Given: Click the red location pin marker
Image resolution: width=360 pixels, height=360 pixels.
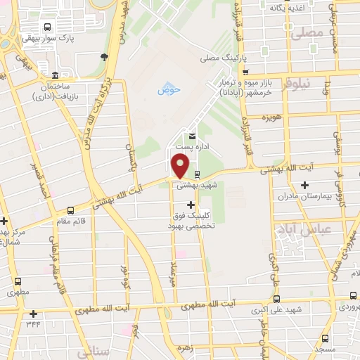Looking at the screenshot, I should click(181, 165).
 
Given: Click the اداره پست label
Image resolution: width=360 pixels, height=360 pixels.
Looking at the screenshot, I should click(190, 147).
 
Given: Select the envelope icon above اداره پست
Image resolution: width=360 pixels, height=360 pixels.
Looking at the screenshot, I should click(191, 136).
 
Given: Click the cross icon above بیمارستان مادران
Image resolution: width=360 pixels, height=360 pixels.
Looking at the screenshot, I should click(304, 186).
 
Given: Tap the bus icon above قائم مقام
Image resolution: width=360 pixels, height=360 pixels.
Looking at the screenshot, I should click(70, 210).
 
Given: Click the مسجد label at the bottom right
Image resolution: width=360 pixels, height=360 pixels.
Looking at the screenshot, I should click(325, 349).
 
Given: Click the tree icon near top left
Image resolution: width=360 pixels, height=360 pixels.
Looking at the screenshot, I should click(104, 57).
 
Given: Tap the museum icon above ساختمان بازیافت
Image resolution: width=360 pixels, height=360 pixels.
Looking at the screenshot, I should click(55, 75).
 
